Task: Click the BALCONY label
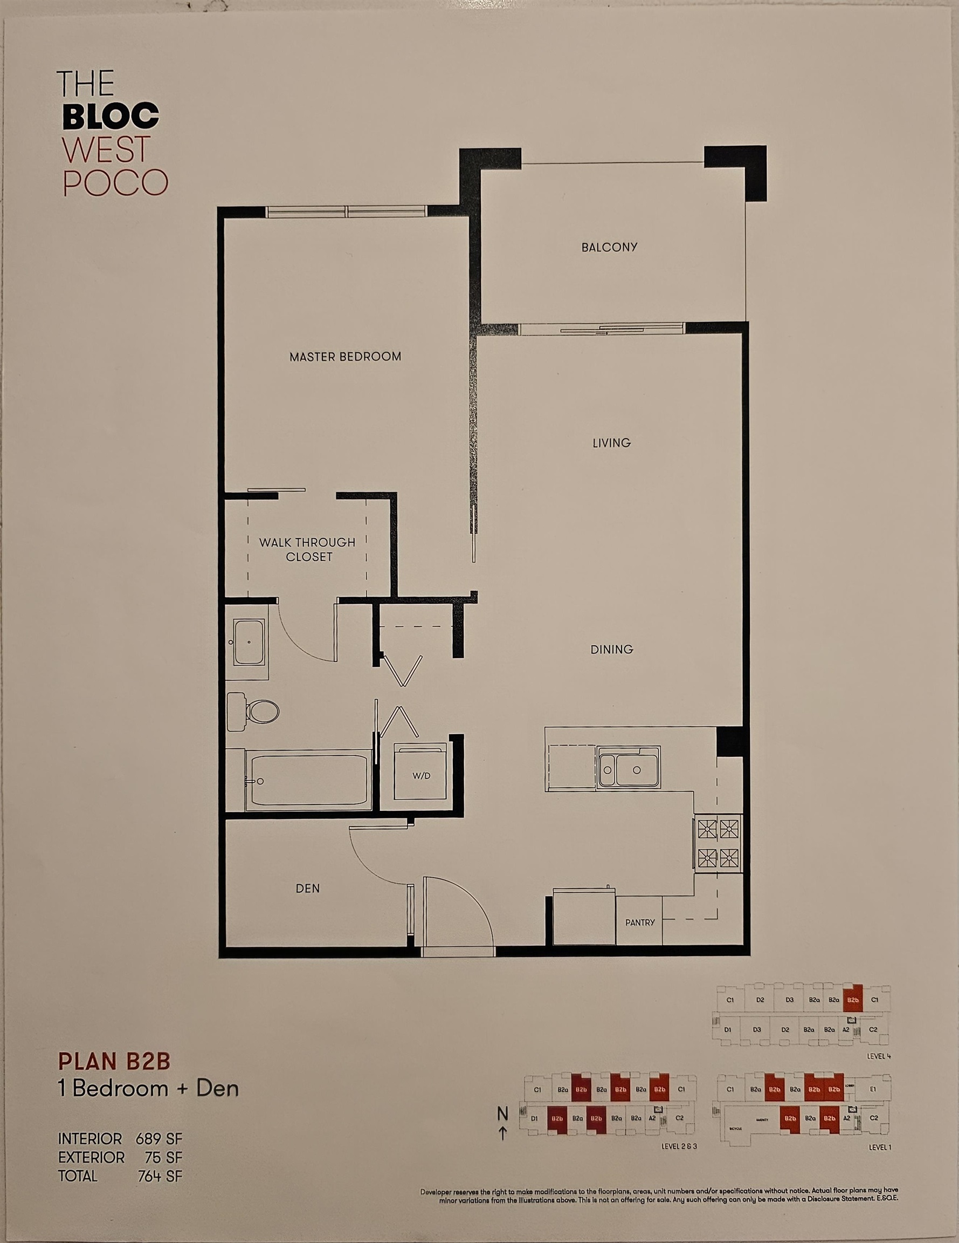point(609,247)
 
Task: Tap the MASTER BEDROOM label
point(345,357)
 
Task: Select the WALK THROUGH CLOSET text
point(308,549)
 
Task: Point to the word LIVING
point(611,443)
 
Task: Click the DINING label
point(611,650)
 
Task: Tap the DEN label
point(308,888)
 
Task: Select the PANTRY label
point(640,923)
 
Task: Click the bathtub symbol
point(308,780)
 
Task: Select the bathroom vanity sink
point(249,642)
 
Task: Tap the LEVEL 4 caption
point(879,1056)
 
